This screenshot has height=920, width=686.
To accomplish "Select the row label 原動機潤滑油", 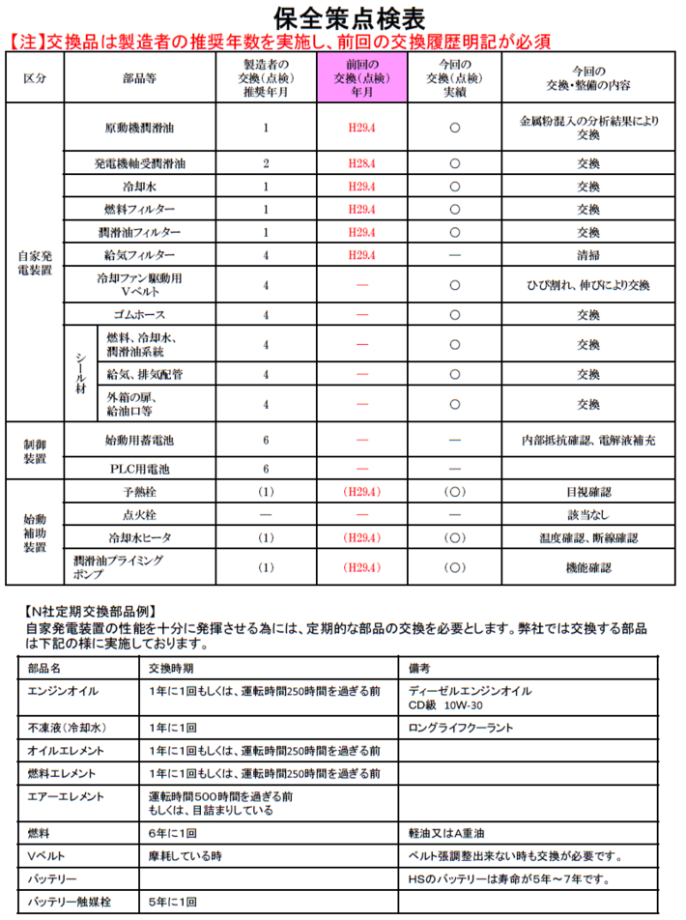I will click(x=140, y=128).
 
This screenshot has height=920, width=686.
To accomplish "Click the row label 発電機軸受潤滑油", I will click(x=140, y=163).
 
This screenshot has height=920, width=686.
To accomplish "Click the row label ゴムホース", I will click(x=140, y=315).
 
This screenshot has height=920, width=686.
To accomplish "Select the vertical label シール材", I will click(x=81, y=373).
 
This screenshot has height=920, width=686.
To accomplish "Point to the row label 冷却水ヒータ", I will click(x=140, y=537).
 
